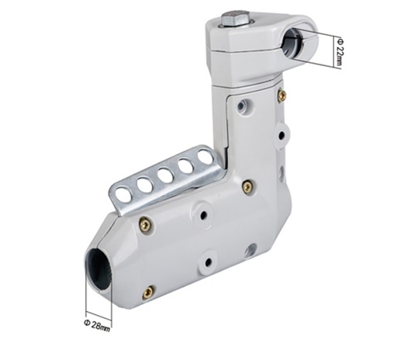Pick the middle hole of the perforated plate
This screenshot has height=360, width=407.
pyautogui.click(x=166, y=176)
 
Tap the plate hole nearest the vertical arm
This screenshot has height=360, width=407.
pyautogui.click(x=205, y=157)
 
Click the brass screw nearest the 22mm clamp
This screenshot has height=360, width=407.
pyautogui.click(x=282, y=95)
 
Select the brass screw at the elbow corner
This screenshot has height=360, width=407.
pyautogui.click(x=247, y=186)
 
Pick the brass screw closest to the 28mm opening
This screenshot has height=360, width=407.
pyautogui.click(x=148, y=292)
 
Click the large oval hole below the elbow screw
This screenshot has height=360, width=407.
pyautogui.click(x=250, y=250)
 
